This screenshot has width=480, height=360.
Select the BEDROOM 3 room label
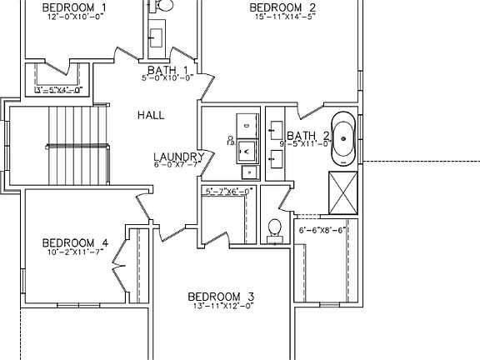pos(221,297)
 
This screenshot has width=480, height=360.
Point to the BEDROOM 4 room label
pos(75,243)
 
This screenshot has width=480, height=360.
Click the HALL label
pos(151,116)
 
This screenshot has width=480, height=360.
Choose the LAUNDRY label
pos(179,157)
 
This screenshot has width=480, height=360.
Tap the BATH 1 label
pos(167,70)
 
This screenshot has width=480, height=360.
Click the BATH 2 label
pos(308,136)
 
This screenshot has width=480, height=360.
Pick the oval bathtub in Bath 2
pos(343,137)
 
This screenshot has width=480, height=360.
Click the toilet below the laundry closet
pos(273,230)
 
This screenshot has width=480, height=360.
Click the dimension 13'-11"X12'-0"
pos(221,306)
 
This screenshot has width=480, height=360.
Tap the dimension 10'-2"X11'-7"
pos(75,252)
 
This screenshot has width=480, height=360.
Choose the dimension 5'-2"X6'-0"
pos(228,191)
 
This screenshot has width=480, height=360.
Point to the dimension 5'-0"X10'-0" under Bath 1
pos(167,78)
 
